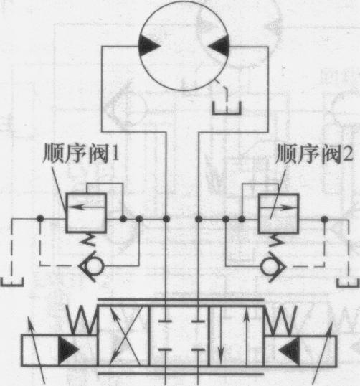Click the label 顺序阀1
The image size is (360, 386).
[x=81, y=154]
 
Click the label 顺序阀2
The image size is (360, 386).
[x=315, y=154]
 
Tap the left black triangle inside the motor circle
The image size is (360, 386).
[x=149, y=46]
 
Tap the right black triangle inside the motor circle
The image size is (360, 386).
[x=219, y=46]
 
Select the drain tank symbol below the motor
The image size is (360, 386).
[x=227, y=108]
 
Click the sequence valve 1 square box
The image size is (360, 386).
[x=86, y=213]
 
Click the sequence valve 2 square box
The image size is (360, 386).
[x=278, y=213]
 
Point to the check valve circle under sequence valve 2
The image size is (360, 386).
[x=269, y=266]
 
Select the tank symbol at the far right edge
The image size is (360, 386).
[x=349, y=283]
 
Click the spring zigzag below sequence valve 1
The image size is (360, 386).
[x=87, y=240]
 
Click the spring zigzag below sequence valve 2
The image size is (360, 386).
[x=278, y=240]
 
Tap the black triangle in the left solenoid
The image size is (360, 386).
[x=68, y=349]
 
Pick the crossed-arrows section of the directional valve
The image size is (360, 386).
[x=124, y=336]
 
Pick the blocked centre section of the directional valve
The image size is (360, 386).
[x=179, y=336]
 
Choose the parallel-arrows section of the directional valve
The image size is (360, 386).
[x=236, y=336]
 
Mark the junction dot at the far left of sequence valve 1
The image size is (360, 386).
[x=40, y=218]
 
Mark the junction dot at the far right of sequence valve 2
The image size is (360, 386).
[x=325, y=219]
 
